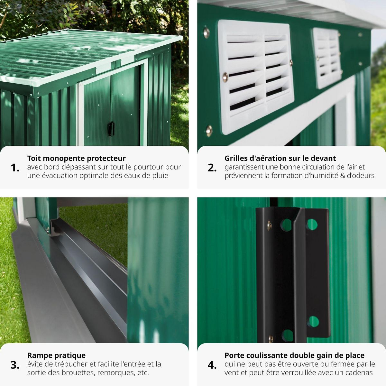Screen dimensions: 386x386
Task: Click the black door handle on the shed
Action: point(111,129)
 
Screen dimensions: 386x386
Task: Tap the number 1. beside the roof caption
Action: point(15,168)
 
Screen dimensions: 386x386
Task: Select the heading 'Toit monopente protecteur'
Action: point(76,158)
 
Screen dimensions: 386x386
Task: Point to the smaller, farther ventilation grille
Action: point(327,58)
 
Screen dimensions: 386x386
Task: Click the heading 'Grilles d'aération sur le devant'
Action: point(280,158)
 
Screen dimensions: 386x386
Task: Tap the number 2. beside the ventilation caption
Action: point(212,168)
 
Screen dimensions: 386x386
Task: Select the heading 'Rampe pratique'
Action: point(56,355)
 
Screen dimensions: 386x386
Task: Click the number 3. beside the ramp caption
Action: point(15,365)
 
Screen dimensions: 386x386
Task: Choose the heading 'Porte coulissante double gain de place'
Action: point(294,355)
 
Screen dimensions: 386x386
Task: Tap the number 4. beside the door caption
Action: point(212,365)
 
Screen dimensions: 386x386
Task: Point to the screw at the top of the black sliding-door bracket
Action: point(269,225)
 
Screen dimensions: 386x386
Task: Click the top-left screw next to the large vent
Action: point(207,32)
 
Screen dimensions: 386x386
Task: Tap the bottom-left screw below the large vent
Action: point(209,131)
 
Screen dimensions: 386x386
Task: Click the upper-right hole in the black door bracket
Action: point(312,224)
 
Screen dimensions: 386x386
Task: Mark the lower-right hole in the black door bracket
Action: point(313,322)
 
